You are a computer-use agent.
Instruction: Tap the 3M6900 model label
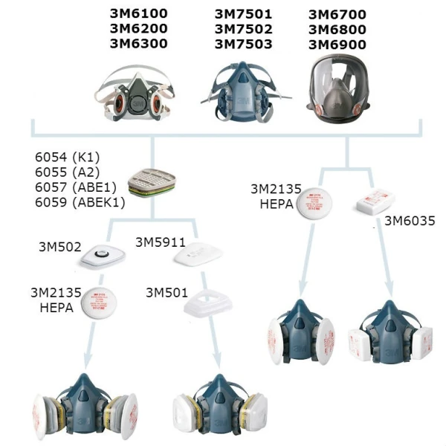click(x=337, y=44)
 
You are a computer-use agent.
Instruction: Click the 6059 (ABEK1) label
click(x=80, y=201)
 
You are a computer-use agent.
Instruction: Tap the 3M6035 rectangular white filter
click(x=372, y=201)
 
